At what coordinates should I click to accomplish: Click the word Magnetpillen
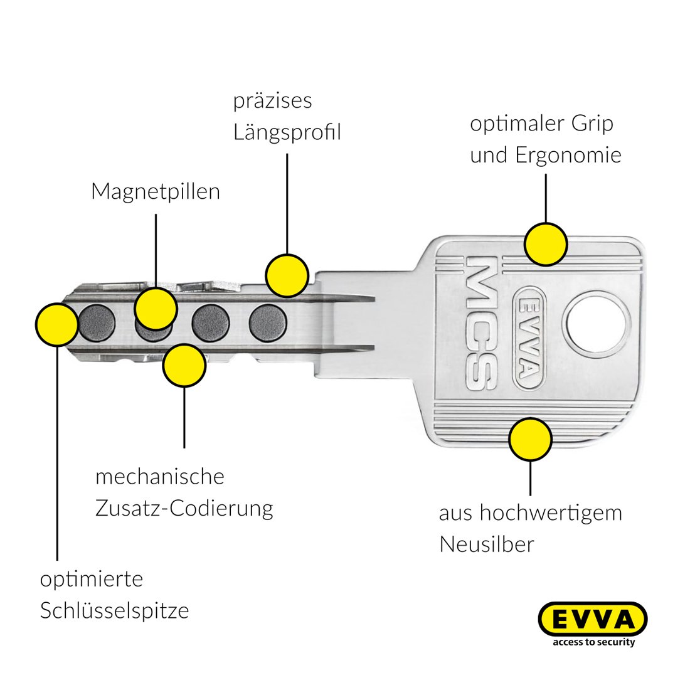click(x=156, y=191)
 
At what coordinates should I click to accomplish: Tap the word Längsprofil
click(x=287, y=132)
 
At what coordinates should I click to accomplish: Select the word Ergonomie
click(x=568, y=155)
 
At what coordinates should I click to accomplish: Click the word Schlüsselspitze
click(x=114, y=610)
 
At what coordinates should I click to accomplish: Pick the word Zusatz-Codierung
click(x=184, y=507)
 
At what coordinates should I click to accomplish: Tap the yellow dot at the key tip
click(x=57, y=324)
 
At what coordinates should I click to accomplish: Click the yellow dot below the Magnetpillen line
click(x=156, y=308)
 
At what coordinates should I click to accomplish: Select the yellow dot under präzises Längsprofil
click(x=287, y=275)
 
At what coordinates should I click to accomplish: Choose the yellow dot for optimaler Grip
click(x=546, y=243)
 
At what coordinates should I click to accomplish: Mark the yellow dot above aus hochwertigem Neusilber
click(x=530, y=440)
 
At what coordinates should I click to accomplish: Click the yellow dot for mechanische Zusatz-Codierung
click(x=184, y=365)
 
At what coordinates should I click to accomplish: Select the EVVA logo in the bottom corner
click(x=593, y=620)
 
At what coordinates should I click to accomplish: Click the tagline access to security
click(x=593, y=642)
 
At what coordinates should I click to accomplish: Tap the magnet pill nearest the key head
click(x=268, y=322)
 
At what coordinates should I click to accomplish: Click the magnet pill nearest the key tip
click(x=97, y=322)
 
